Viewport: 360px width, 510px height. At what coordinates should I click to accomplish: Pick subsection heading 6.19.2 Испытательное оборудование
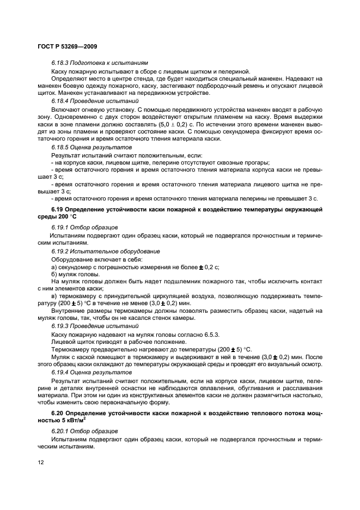click(106, 251)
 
